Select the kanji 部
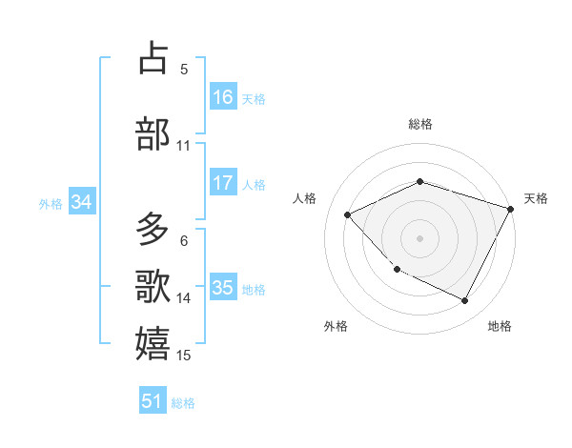[x=153, y=132]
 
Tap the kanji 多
[x=153, y=230]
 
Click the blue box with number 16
[x=223, y=97]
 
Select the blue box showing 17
[x=223, y=183]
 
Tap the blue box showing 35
[x=223, y=288]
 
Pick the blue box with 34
[x=81, y=202]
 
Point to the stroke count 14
[x=184, y=298]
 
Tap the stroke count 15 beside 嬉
[x=184, y=356]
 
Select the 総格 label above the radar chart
[x=420, y=124]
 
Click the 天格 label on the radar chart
[x=536, y=198]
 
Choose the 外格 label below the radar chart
[x=336, y=326]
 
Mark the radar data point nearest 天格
[x=511, y=209]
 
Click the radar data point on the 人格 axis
[x=348, y=214]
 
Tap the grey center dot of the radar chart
[x=420, y=237]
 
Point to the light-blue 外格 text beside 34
[x=51, y=203]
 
